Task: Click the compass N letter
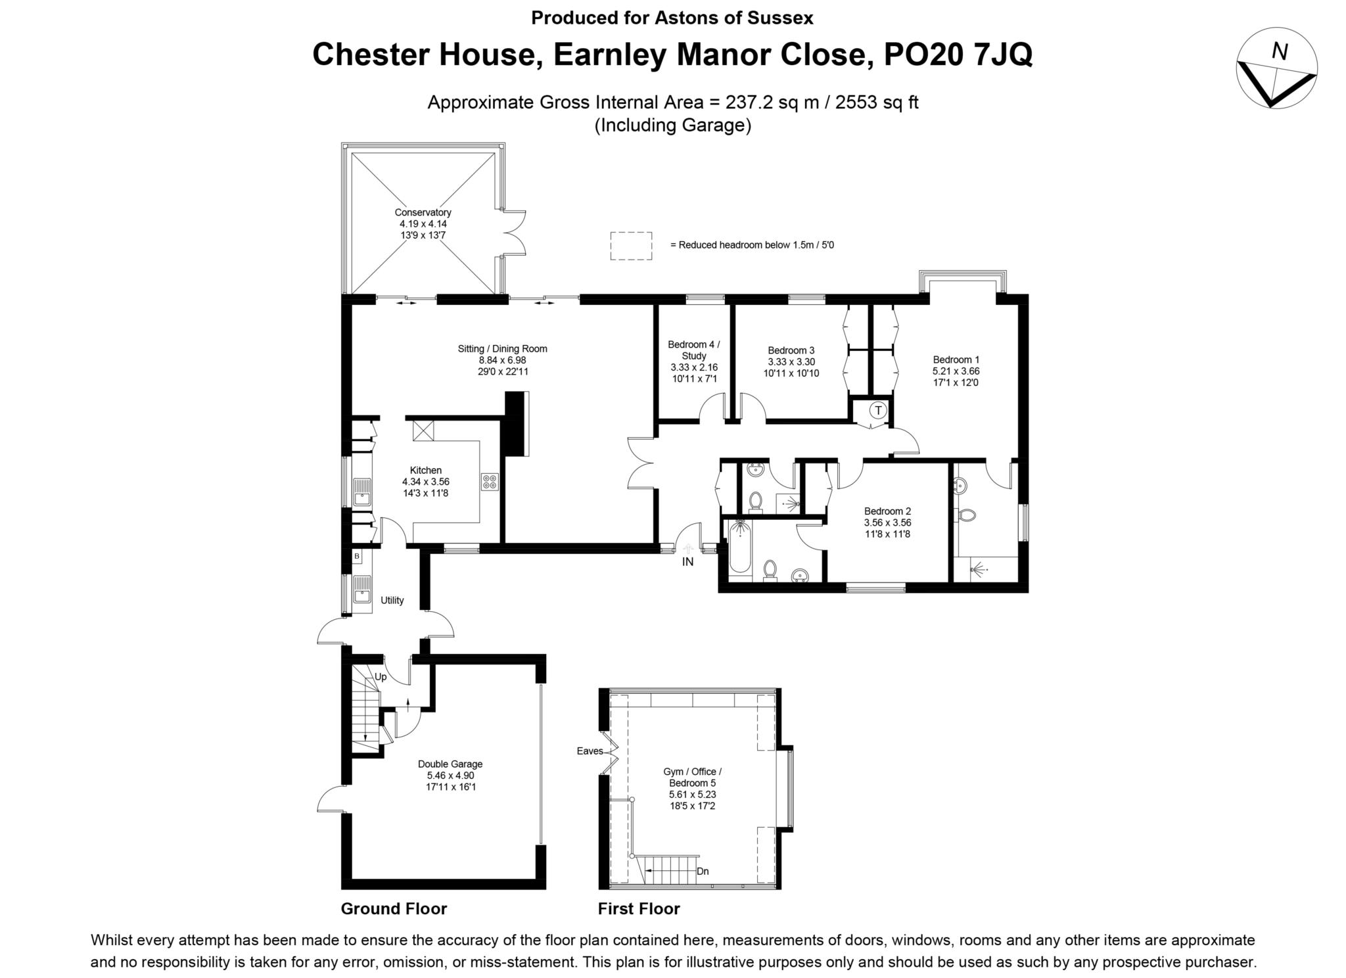(1279, 51)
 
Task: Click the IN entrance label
(687, 562)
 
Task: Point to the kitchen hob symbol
(490, 482)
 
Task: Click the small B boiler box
(357, 557)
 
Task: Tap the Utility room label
(392, 600)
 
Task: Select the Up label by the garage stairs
(381, 677)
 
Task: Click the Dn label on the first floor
(703, 872)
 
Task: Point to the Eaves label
(590, 751)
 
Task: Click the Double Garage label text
(450, 764)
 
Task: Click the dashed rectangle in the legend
(631, 246)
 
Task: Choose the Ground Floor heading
(394, 909)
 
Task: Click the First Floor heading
(639, 909)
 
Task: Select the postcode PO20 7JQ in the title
(958, 55)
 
